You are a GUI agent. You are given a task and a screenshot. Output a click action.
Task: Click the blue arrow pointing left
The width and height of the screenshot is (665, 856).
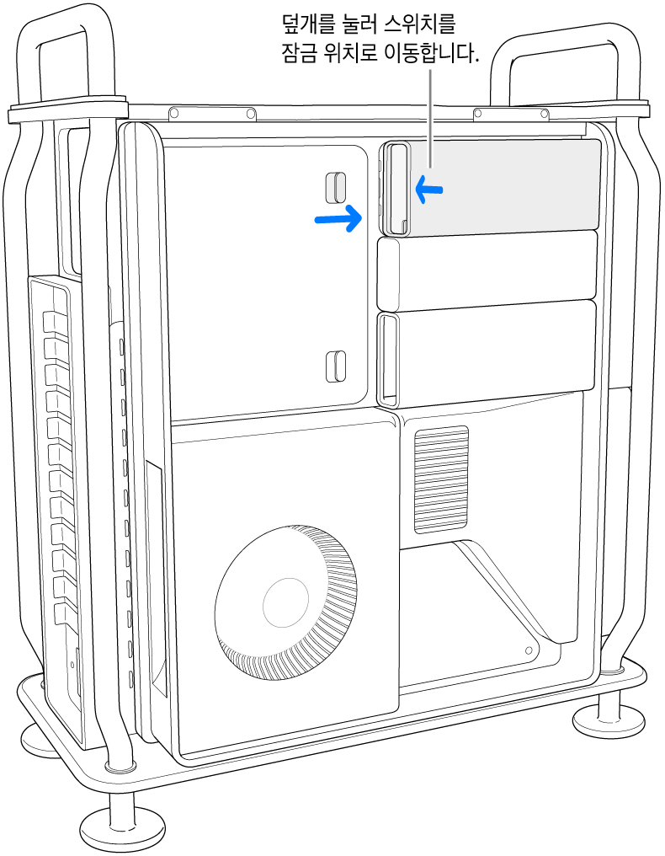coord(429,190)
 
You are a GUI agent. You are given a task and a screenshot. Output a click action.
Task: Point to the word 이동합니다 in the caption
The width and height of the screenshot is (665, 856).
coord(424,55)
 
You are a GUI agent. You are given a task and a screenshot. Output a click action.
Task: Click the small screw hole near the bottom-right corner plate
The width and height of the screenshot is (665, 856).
coord(528,650)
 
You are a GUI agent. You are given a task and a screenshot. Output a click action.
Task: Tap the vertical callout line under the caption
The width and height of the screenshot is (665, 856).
coord(431,117)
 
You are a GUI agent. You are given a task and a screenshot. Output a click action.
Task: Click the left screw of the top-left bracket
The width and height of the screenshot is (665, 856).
coord(174,113)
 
